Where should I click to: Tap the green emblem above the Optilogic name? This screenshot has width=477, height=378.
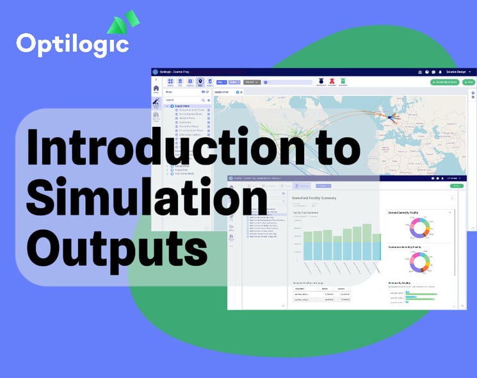(123, 24)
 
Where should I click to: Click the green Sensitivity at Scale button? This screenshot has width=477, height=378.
(444, 82)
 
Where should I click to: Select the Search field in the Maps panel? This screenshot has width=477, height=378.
(182, 100)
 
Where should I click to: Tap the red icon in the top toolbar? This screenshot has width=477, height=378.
(332, 81)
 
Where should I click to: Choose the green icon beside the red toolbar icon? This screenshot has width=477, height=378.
(343, 81)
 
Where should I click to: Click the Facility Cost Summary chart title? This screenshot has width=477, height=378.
(305, 212)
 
